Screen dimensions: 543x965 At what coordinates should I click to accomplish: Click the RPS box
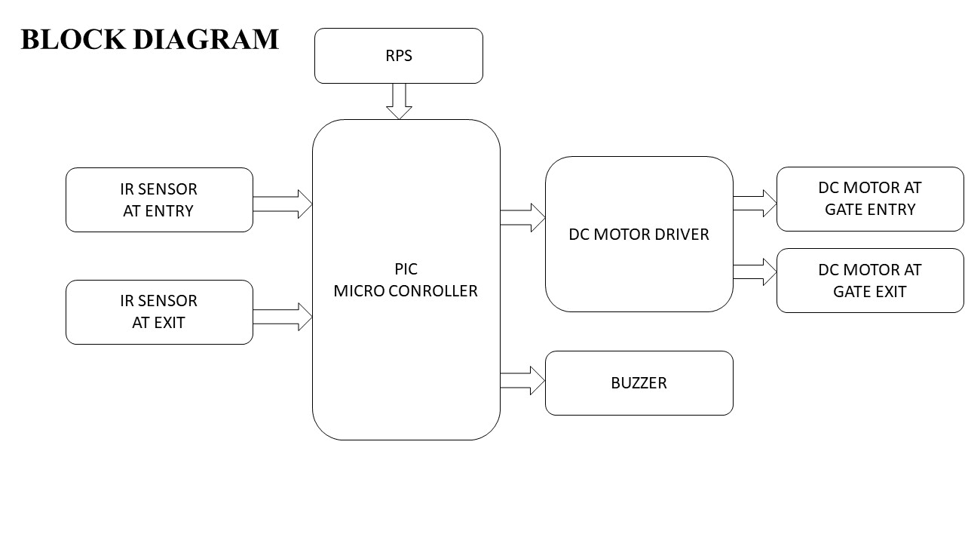(398, 56)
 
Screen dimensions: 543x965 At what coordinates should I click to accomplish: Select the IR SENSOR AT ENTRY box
(159, 200)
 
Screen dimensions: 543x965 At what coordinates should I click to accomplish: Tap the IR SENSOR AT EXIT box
(159, 312)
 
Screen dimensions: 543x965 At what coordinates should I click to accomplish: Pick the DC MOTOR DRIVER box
(639, 234)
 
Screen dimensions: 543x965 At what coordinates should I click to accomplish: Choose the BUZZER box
(639, 383)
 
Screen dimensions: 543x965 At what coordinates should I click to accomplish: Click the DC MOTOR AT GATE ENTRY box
(870, 199)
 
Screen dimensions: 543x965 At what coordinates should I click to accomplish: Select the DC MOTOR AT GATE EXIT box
(870, 281)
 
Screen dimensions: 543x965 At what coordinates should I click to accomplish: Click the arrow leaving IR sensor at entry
(283, 204)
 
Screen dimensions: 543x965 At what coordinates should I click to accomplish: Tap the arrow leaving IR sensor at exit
(283, 317)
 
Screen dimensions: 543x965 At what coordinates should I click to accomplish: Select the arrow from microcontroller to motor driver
(523, 217)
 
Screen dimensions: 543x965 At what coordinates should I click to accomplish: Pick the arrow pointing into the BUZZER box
(523, 381)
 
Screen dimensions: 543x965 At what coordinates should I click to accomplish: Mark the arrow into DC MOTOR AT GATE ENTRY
(755, 203)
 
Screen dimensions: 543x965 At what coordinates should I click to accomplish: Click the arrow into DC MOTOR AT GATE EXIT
(755, 271)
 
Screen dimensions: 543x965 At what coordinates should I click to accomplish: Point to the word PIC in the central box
(406, 269)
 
